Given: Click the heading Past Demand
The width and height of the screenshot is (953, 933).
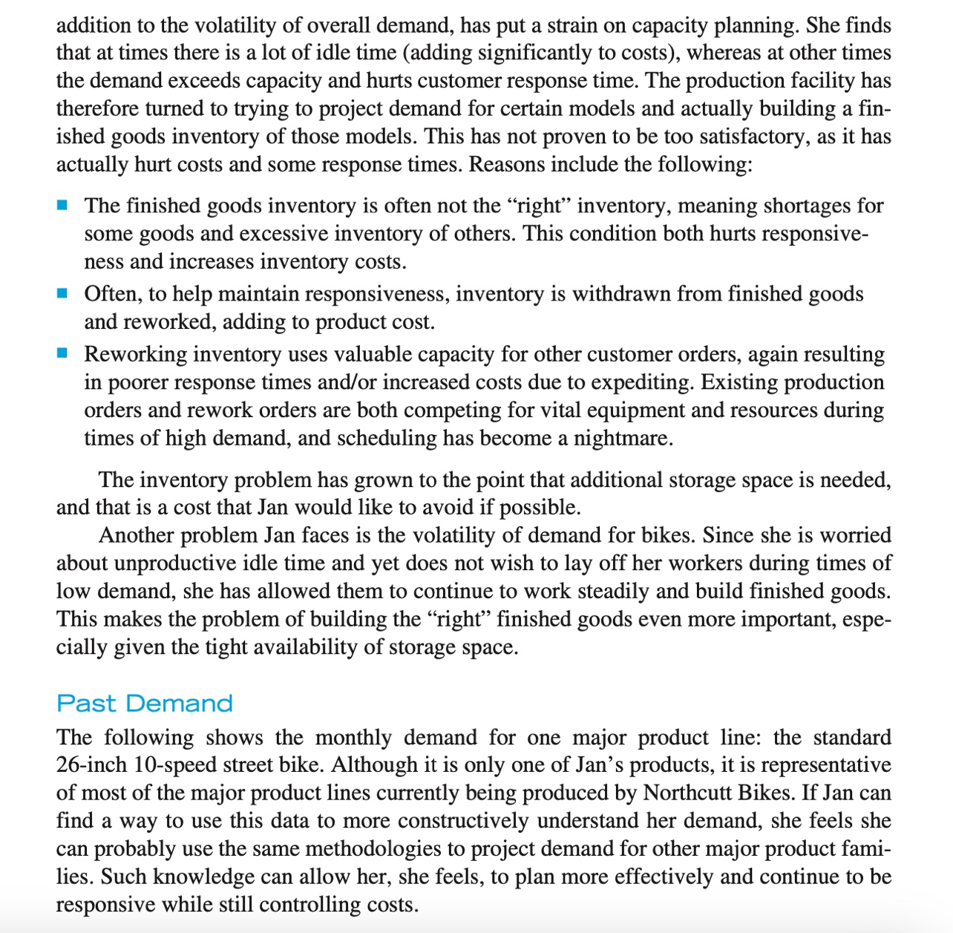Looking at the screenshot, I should (145, 703).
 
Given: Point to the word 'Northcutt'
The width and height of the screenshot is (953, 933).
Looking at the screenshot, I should (687, 793).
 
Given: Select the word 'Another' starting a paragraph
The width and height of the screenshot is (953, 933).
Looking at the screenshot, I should (137, 535).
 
